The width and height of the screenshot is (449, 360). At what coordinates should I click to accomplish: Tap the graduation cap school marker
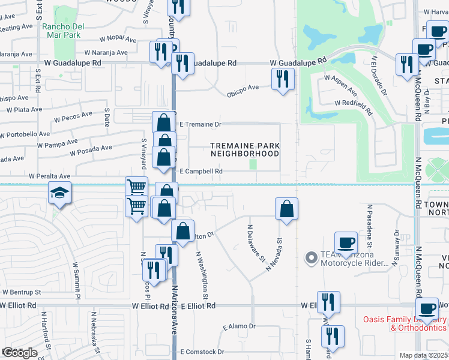click(59, 193)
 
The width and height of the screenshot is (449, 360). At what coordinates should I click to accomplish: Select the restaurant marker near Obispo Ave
click(283, 79)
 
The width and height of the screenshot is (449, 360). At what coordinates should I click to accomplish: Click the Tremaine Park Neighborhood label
click(244, 149)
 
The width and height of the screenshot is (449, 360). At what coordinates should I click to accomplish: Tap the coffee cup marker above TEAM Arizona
click(345, 242)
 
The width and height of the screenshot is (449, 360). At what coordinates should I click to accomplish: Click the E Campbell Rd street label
click(201, 171)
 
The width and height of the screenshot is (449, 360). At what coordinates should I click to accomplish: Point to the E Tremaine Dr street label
click(201, 124)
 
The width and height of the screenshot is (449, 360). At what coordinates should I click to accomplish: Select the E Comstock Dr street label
click(204, 352)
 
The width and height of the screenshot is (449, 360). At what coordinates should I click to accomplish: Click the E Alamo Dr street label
click(239, 327)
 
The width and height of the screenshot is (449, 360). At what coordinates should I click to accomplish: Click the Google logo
click(19, 353)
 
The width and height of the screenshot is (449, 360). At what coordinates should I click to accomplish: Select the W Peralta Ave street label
click(48, 176)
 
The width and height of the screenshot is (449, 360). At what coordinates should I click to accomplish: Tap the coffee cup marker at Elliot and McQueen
click(427, 309)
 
